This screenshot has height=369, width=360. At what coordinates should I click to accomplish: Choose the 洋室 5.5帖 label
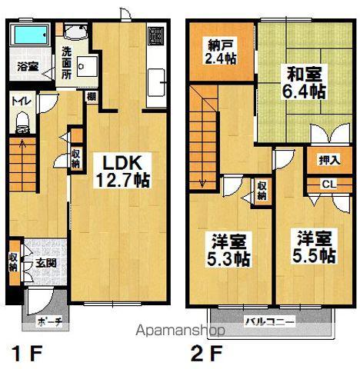tap(312, 245)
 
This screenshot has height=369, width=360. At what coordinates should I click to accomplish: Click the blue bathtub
tap(32, 35)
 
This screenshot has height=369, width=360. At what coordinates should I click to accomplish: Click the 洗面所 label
tap(66, 61)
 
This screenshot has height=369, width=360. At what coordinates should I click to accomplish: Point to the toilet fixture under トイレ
tap(22, 121)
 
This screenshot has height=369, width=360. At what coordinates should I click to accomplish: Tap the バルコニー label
tap(268, 321)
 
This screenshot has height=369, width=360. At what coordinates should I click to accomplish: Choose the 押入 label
tap(327, 161)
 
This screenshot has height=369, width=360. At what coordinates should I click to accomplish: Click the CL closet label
tap(328, 184)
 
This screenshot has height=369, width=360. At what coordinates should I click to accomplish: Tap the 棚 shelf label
tap(91, 96)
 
